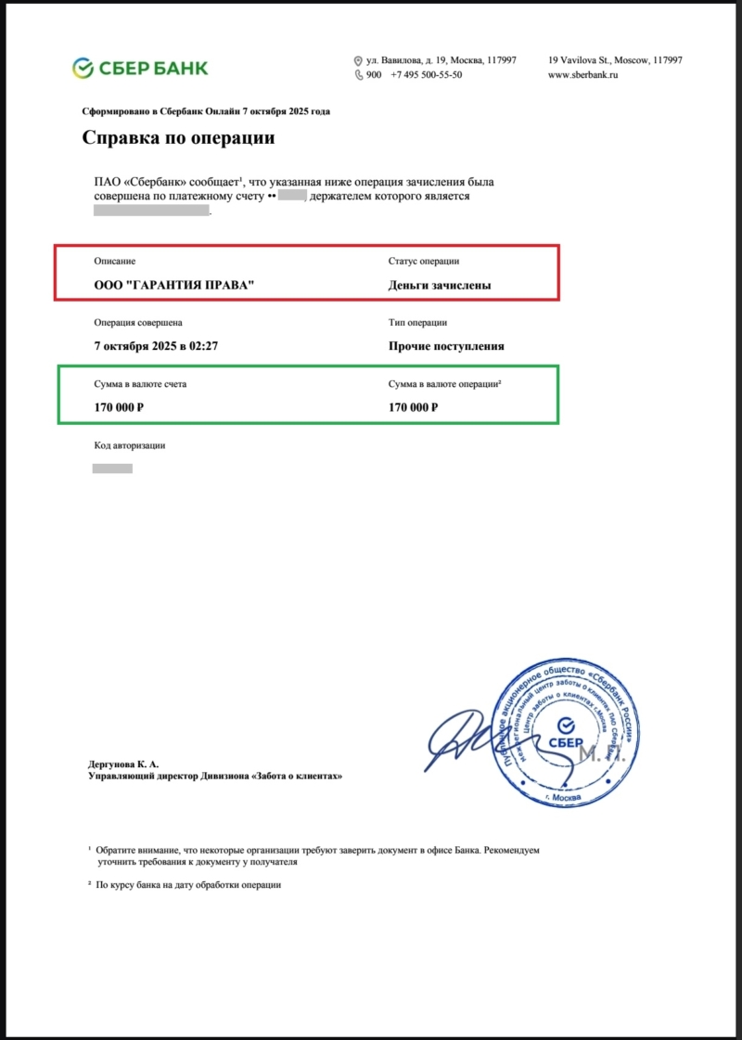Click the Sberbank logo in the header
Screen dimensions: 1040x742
tap(140, 68)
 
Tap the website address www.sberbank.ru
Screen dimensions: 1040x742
tap(582, 75)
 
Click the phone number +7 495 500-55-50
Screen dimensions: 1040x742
tap(426, 75)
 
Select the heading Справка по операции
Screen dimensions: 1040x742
tap(178, 138)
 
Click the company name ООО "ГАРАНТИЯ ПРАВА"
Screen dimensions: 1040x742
tap(174, 286)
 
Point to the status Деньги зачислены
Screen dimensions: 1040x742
tap(440, 286)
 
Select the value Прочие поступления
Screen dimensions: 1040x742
tap(446, 346)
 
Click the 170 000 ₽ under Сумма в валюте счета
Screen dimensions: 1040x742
tap(124, 407)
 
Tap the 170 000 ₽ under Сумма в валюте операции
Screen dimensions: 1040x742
tap(414, 407)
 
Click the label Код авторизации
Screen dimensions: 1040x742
tap(130, 445)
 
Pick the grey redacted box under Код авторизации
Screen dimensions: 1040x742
tap(112, 469)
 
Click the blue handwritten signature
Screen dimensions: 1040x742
tap(473, 742)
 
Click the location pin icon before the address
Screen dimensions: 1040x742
tap(359, 60)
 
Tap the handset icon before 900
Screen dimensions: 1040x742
tap(359, 75)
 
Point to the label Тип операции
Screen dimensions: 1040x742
tap(417, 323)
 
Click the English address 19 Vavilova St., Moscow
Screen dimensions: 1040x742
tap(615, 60)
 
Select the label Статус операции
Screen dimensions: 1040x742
tap(424, 262)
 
